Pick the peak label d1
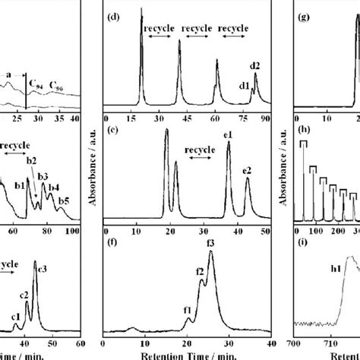pos(245,86)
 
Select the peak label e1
pos(227,134)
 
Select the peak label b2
pos(31,159)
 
